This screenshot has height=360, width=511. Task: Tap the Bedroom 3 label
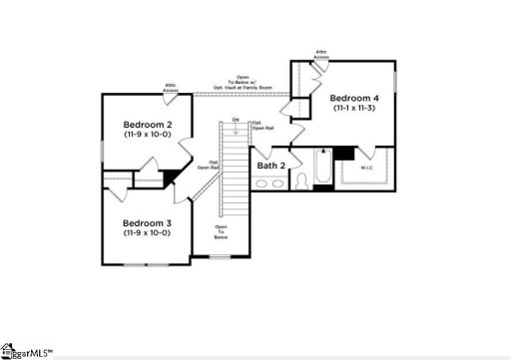147,222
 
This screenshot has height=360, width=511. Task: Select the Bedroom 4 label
354,98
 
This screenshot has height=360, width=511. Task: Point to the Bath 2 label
270,165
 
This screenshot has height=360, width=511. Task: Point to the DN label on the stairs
236,121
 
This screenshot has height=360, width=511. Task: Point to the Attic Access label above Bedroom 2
171,89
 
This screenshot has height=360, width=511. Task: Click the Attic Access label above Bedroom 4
321,54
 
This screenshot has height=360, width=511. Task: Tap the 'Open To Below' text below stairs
222,233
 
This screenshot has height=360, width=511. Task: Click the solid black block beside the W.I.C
344,153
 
